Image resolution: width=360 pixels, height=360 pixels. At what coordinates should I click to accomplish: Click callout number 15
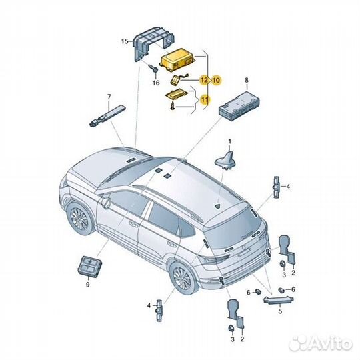124,42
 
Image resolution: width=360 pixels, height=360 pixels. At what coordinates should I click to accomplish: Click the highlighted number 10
216,79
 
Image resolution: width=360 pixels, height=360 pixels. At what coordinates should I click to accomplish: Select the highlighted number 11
205,100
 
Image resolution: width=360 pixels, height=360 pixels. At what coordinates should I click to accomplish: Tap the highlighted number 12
205,79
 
